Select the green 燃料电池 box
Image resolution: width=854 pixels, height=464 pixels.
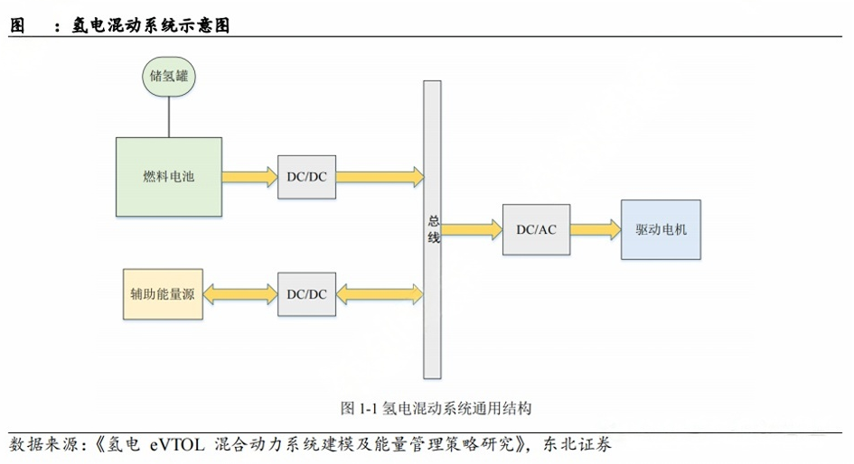pos(168,176)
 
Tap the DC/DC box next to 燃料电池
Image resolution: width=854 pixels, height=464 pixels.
pos(306,176)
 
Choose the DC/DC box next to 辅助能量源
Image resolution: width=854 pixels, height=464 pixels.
pos(306,294)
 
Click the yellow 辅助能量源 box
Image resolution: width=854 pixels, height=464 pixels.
pos(163,294)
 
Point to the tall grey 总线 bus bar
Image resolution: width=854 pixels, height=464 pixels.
pos(432,228)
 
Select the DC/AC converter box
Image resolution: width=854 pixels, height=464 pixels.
pos(536,229)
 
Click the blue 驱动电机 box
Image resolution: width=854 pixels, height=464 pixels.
pos(661,229)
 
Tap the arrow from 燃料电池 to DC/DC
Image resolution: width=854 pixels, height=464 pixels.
pos(249,176)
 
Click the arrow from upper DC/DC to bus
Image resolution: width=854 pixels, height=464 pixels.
pos(379,176)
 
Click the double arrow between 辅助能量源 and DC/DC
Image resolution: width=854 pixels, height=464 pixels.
pos(240,294)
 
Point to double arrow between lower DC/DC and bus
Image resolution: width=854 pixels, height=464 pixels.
pos(379,294)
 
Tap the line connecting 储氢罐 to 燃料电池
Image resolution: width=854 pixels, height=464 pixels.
pos(168,117)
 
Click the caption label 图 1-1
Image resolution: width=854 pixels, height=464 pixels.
pos(358,408)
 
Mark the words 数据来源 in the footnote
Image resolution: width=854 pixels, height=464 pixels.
pos(42,445)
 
